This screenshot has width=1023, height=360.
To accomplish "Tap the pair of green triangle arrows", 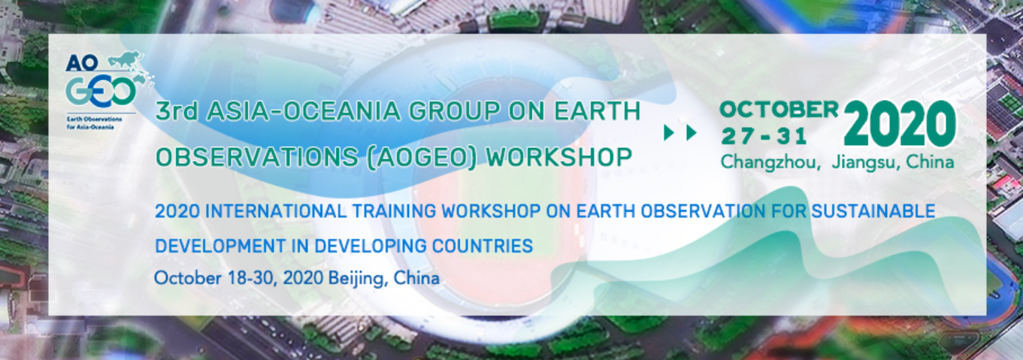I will coord(680,133).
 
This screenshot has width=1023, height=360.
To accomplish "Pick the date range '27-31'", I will coord(764,136).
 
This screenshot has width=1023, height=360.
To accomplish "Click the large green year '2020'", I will coord(899,124).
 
